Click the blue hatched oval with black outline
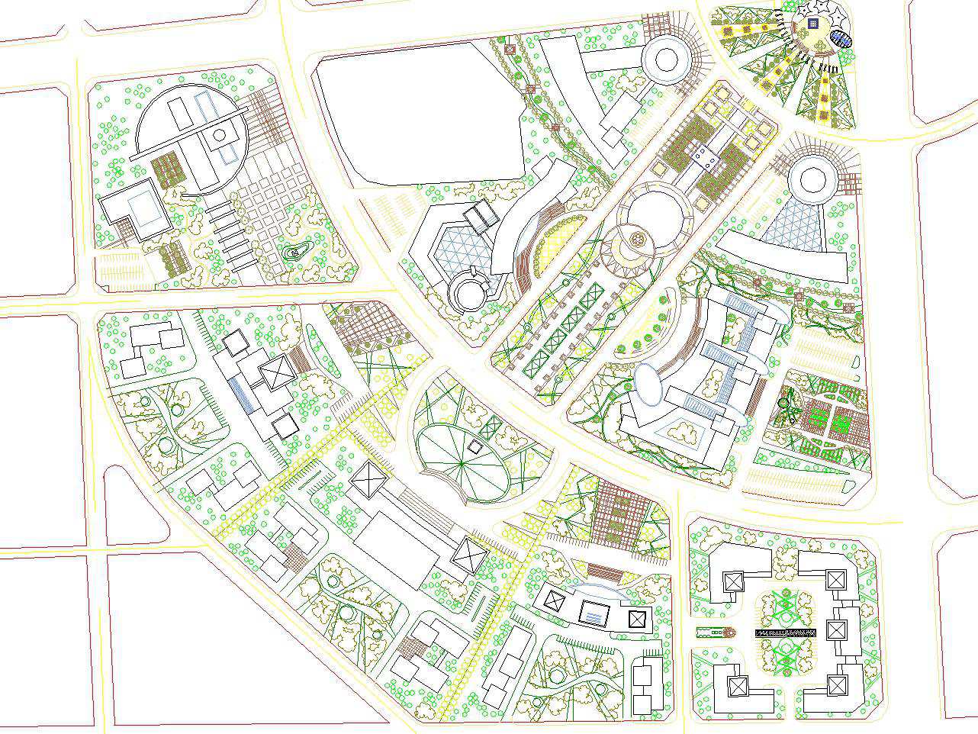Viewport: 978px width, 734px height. (x=841, y=39)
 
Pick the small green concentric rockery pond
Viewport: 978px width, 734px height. (x=294, y=252)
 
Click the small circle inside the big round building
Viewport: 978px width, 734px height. (x=220, y=135)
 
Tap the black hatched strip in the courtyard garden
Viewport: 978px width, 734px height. (x=786, y=633)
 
